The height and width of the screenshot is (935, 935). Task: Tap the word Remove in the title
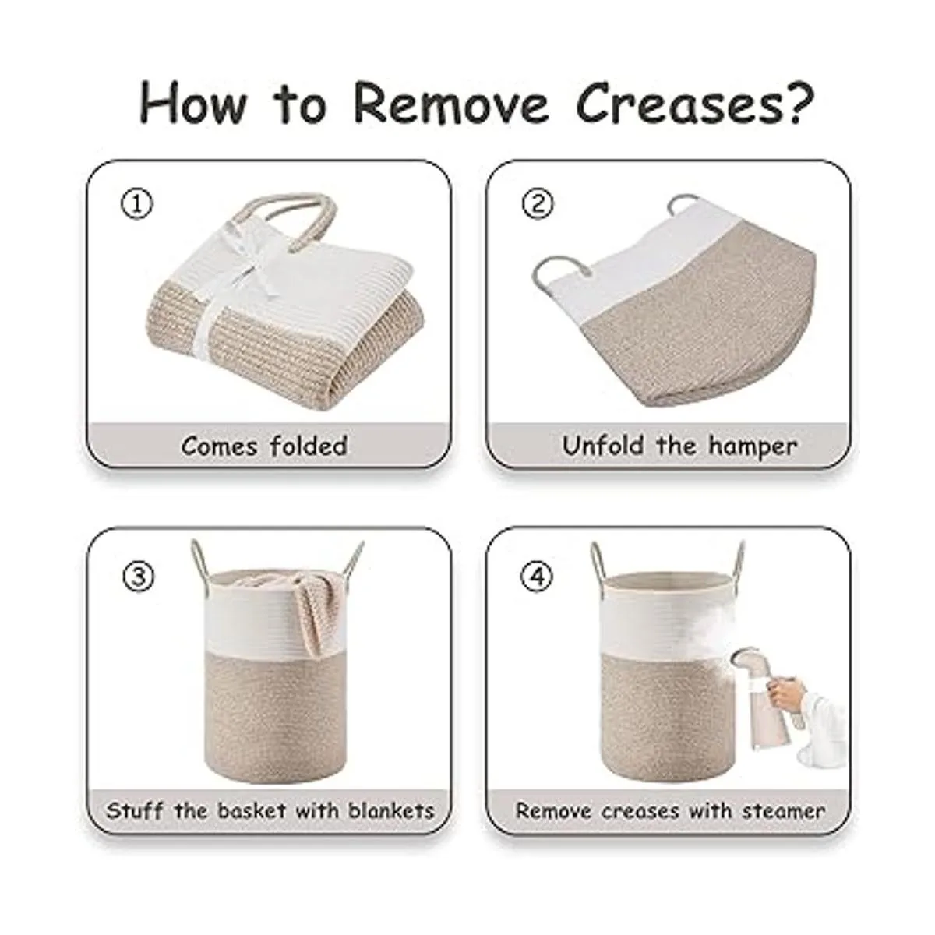451,104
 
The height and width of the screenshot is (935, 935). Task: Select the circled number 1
137,204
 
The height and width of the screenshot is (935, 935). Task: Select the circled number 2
538,204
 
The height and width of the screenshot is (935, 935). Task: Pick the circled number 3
138,577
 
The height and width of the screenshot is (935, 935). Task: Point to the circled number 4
537,577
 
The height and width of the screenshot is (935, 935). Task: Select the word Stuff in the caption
135,811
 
